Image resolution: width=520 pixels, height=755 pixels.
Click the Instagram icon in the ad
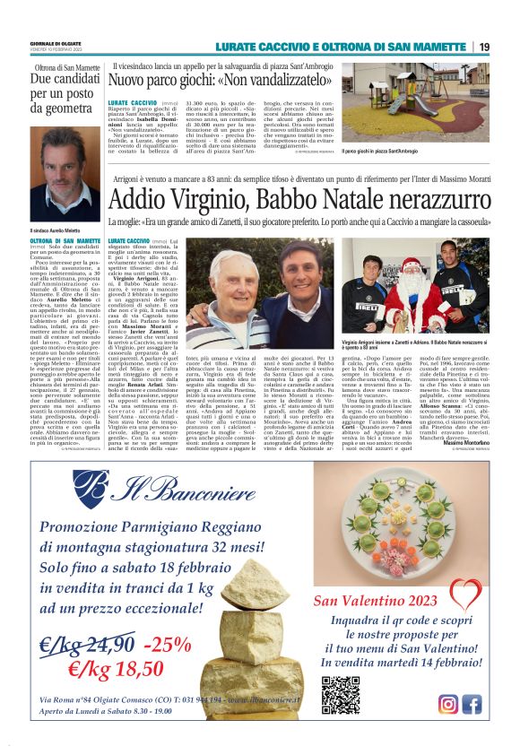point(448,704)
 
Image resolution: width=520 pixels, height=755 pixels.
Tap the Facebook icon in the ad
point(472,704)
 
